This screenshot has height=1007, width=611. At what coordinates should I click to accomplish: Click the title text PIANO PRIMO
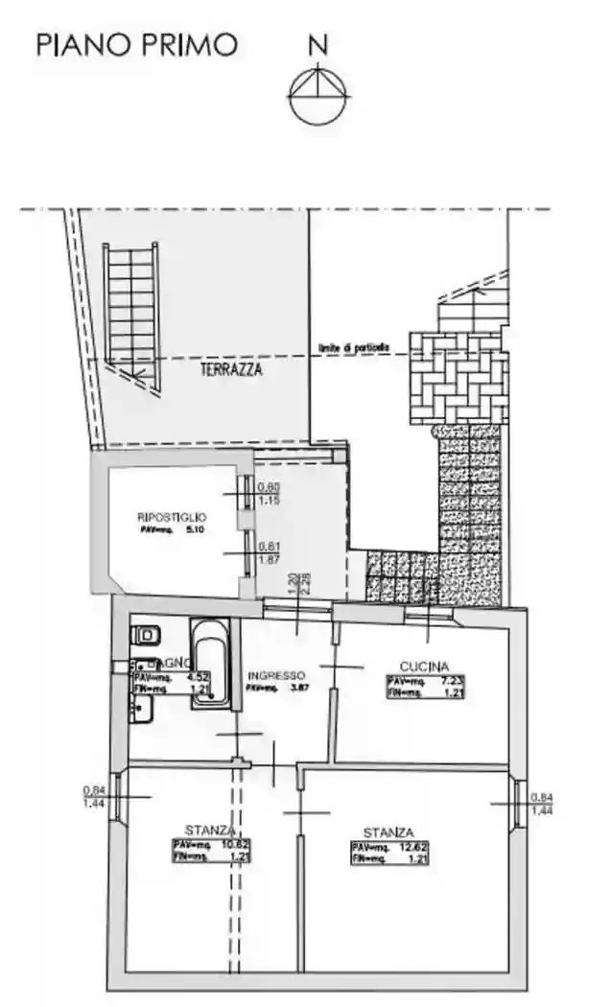[136, 45]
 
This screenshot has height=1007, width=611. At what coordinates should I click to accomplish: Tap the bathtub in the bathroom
[206, 662]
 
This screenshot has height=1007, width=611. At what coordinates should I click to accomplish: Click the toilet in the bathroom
[147, 634]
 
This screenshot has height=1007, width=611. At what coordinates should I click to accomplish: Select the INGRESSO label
[275, 674]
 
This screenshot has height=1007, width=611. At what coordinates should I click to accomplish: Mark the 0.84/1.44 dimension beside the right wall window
[543, 804]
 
